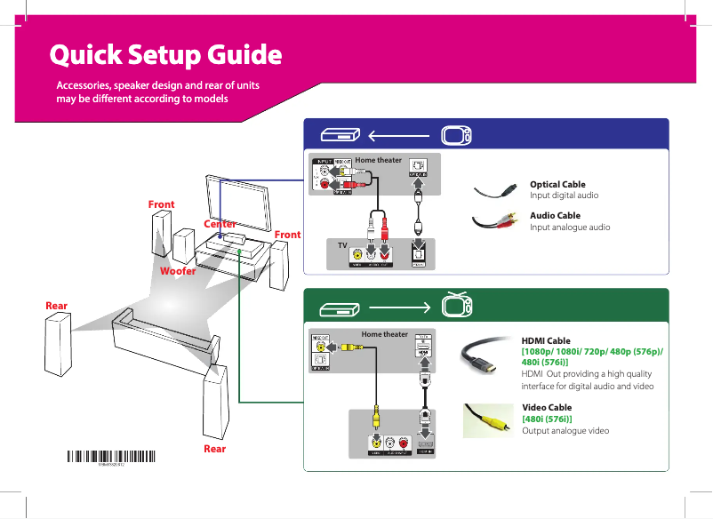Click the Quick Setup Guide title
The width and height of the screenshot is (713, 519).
click(x=165, y=56)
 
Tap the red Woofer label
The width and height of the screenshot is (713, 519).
click(x=177, y=270)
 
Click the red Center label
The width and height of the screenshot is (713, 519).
click(x=220, y=224)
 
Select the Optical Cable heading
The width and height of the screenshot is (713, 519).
click(x=557, y=184)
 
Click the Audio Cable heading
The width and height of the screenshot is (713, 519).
click(x=555, y=215)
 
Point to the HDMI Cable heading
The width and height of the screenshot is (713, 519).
click(x=546, y=340)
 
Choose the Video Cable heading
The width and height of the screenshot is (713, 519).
click(x=547, y=407)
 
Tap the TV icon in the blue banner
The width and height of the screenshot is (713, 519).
click(x=457, y=136)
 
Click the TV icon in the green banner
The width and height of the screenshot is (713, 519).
click(x=457, y=306)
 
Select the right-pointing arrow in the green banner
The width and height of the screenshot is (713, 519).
click(x=400, y=308)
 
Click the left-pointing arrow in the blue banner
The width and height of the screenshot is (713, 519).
click(x=400, y=136)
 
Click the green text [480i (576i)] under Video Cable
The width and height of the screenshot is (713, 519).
click(x=547, y=419)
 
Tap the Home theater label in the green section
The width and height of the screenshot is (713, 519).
click(x=384, y=335)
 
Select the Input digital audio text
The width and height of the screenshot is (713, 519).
click(x=564, y=195)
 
